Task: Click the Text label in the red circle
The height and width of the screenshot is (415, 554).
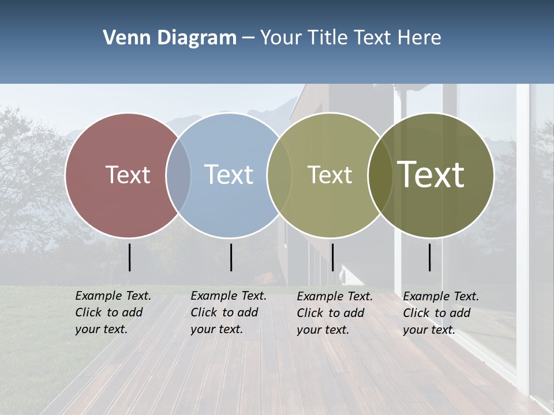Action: (x=128, y=175)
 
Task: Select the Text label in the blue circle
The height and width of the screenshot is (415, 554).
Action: (x=229, y=175)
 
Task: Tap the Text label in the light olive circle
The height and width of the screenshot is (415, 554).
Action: (x=330, y=175)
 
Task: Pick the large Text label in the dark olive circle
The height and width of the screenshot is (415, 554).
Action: (x=431, y=175)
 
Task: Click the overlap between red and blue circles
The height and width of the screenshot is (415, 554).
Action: (x=178, y=175)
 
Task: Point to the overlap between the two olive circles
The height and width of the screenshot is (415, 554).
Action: (x=380, y=175)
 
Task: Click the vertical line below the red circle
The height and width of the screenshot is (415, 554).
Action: (x=130, y=257)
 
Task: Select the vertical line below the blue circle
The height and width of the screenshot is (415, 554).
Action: (x=231, y=257)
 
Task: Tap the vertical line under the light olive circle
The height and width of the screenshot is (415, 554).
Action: (x=332, y=257)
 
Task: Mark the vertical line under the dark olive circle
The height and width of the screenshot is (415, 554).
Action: (x=430, y=257)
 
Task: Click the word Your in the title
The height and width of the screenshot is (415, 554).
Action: (x=281, y=38)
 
